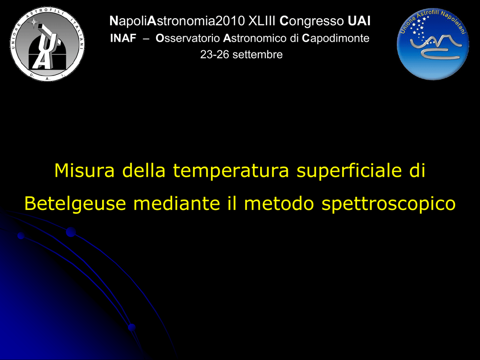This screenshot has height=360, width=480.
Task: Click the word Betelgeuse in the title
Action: pos(75,203)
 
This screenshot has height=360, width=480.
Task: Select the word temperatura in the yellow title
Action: pos(231,171)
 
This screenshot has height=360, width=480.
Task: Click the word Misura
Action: pos(84,170)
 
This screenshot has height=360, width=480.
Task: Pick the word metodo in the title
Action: pos(279,203)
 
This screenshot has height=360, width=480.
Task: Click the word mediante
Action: pos(177,203)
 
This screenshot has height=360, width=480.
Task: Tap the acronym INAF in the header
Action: pos(123,38)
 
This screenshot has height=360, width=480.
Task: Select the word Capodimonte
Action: pos(336,38)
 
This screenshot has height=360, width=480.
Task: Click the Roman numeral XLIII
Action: pos(262,21)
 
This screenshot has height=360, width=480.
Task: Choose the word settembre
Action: pos(257,54)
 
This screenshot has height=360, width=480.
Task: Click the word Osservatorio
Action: pos(187,38)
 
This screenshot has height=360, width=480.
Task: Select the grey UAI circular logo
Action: pos(47,44)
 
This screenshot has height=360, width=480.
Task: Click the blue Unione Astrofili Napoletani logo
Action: pos(433,44)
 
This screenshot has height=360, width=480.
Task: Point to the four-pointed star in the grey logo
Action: pos(33,22)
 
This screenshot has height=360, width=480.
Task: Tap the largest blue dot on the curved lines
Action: pos(71,232)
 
